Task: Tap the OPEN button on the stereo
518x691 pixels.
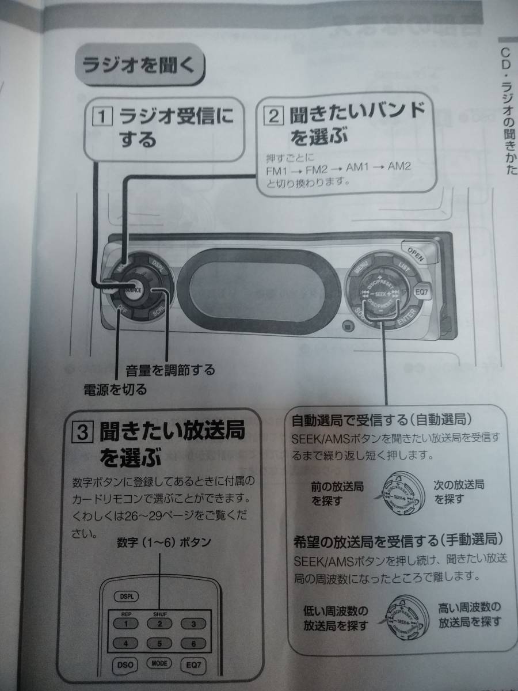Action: pyautogui.click(x=415, y=253)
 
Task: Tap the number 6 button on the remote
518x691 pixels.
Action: pyautogui.click(x=194, y=644)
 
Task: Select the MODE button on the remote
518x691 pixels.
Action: pyautogui.click(x=159, y=663)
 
